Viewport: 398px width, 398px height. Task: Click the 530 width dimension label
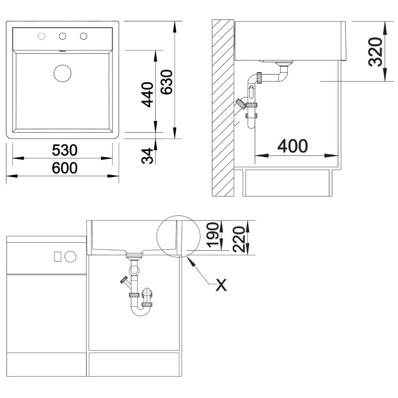tap(64, 150)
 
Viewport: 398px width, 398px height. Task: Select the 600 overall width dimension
tap(64, 169)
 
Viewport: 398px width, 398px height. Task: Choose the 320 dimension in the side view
tap(376, 52)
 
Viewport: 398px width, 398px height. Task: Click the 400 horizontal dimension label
tap(293, 146)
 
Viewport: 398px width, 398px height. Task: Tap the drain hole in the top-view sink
tap(63, 73)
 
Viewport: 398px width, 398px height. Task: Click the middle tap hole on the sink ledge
tap(63, 36)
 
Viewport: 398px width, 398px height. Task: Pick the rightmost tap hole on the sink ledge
tap(83, 36)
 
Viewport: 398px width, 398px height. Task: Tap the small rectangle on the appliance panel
tap(57, 256)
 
